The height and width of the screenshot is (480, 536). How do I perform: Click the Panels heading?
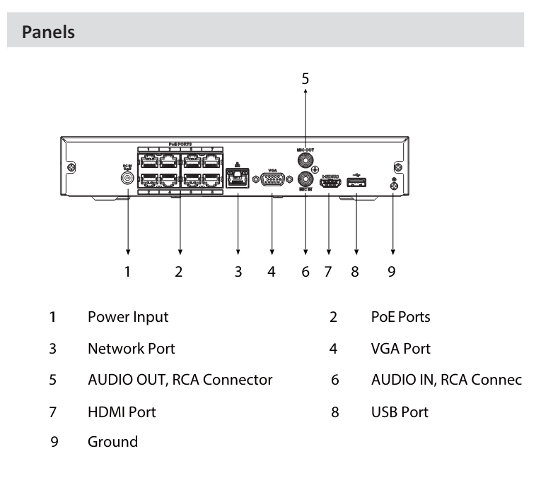(x=49, y=32)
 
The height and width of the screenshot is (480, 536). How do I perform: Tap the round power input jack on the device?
(x=128, y=179)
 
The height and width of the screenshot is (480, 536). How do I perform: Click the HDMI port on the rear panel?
(x=329, y=184)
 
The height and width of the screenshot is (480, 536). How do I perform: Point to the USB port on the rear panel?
(x=356, y=184)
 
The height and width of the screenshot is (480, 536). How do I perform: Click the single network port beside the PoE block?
(x=238, y=179)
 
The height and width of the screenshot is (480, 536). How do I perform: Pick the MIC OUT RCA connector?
(x=305, y=161)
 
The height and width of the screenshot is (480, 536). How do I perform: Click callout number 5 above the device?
(x=305, y=78)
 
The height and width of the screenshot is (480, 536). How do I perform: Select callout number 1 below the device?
(x=128, y=271)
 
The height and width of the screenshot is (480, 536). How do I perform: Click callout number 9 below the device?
(x=392, y=271)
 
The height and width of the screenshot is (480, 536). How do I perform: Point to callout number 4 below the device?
(x=272, y=271)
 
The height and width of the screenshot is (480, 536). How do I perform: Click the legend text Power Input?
(x=128, y=317)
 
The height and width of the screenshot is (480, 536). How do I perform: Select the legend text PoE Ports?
(x=400, y=317)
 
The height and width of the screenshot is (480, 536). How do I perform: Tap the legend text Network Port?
(x=131, y=348)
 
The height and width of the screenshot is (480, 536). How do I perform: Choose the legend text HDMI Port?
(x=122, y=412)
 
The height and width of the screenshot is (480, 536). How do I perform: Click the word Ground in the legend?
(x=112, y=443)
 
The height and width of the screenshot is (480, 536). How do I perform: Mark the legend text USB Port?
(x=400, y=412)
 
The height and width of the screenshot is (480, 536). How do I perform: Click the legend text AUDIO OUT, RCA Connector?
(x=180, y=380)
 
